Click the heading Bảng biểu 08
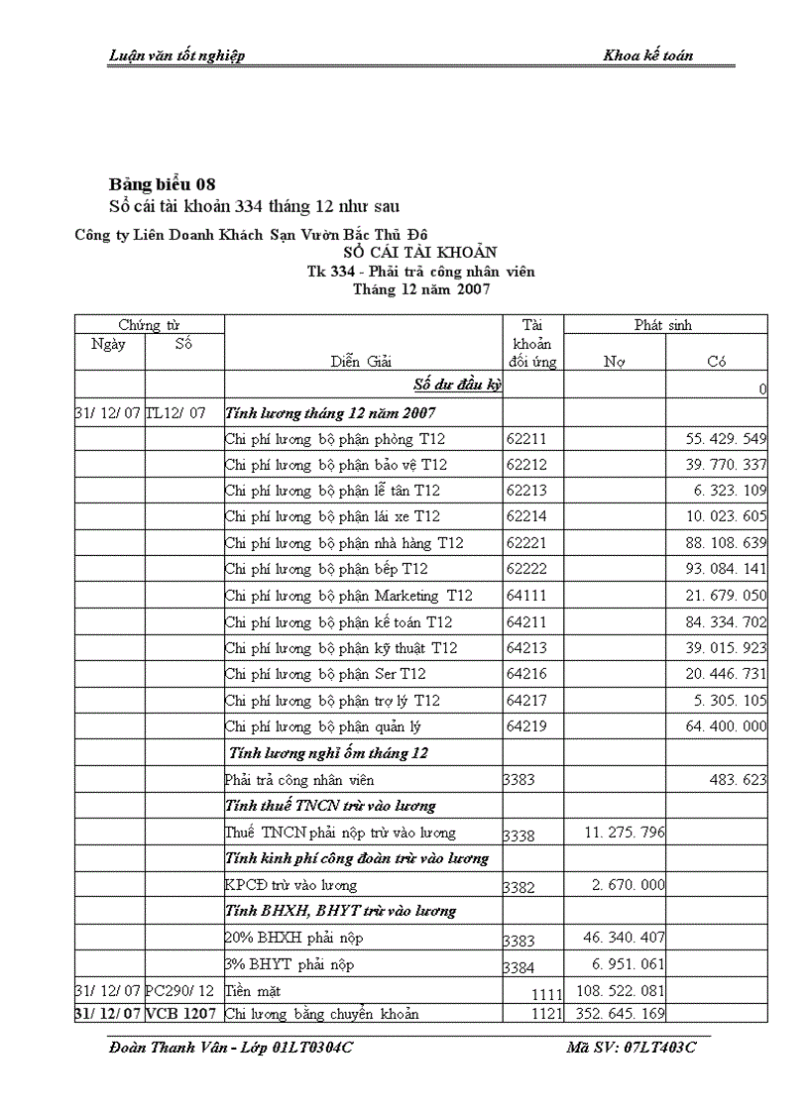(x=162, y=184)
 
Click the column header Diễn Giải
(x=361, y=362)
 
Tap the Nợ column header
(x=614, y=362)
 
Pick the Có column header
(x=717, y=362)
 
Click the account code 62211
(x=526, y=438)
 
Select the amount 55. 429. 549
(x=726, y=438)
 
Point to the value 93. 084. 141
(x=726, y=569)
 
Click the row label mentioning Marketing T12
(x=348, y=596)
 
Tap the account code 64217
(x=526, y=701)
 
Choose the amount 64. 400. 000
(x=726, y=726)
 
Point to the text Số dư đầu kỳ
(x=457, y=385)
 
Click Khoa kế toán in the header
(x=647, y=56)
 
